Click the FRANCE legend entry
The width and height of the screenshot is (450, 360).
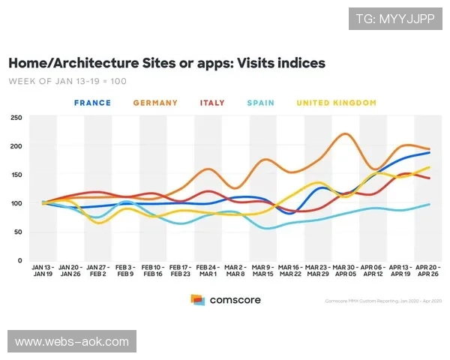click(92, 103)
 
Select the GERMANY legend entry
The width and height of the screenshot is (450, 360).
click(156, 103)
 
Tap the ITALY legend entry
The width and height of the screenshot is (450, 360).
click(212, 103)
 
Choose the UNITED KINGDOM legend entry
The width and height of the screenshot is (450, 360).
click(334, 103)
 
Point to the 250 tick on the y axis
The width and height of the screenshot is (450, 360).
click(16, 118)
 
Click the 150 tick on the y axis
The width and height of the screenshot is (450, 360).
click(16, 175)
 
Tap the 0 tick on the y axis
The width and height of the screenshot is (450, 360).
click(20, 261)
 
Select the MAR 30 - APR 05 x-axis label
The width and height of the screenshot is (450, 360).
click(343, 271)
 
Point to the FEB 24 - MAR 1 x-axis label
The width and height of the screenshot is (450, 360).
click(208, 271)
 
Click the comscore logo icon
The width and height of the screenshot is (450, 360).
click(198, 300)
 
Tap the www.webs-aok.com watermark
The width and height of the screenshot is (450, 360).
click(72, 341)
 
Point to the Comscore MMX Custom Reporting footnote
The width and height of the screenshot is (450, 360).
click(385, 301)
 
